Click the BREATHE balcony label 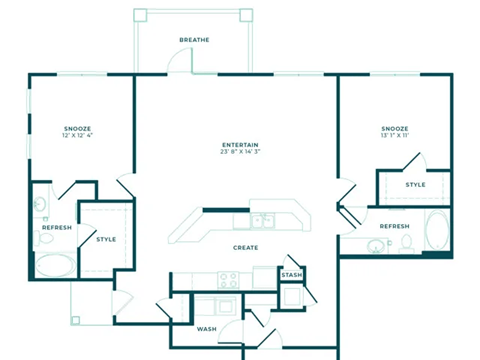coord(194,40)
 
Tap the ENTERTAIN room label coord(240,145)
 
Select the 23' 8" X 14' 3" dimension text coord(240,153)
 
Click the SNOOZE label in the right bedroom coord(394,129)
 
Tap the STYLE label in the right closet coord(415,185)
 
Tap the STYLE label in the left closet coord(106,239)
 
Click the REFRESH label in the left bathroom coord(56,227)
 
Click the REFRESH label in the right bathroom coord(394,226)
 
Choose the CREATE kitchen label coord(246,247)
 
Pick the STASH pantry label coord(291,275)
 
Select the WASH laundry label coord(206,329)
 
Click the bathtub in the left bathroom coord(54,265)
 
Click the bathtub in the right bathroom coord(437,231)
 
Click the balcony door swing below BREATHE coord(178,62)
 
